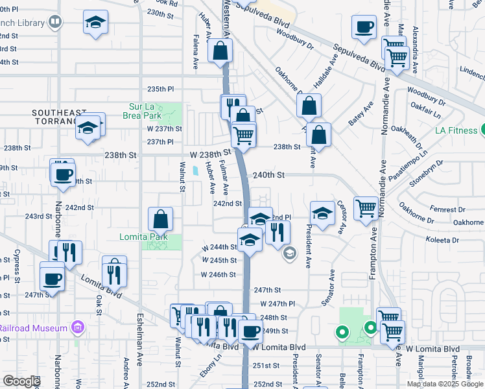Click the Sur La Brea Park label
tap(141, 111)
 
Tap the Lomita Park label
tap(143, 237)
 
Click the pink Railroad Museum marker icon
tap(78, 325)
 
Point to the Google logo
tap(21, 381)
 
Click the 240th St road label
tap(269, 175)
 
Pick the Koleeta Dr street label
tap(442, 240)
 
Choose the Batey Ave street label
tap(361, 113)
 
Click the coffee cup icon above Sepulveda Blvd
tap(364, 27)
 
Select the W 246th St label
tap(218, 274)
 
